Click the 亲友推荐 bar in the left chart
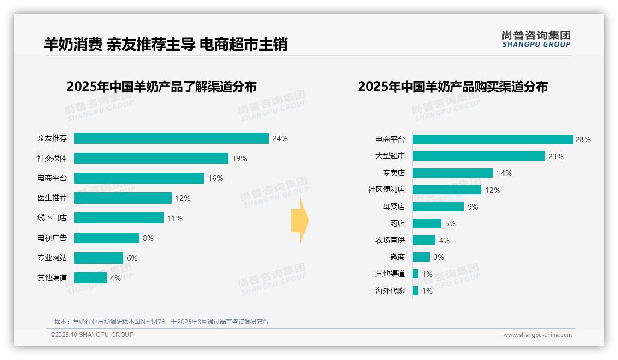pyautogui.click(x=171, y=138)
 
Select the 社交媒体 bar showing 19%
pyautogui.click(x=151, y=158)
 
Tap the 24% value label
pyautogui.click(x=280, y=138)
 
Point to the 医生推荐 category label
pyautogui.click(x=52, y=198)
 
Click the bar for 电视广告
pyautogui.click(x=107, y=238)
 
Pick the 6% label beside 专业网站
pyautogui.click(x=132, y=258)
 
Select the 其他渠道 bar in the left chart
pyautogui.click(x=90, y=278)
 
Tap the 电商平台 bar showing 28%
pyautogui.click(x=493, y=139)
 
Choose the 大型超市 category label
pyautogui.click(x=390, y=156)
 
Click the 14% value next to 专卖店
pyautogui.click(x=504, y=173)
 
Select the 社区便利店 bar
pyautogui.click(x=447, y=190)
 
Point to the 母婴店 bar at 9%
pyautogui.click(x=438, y=207)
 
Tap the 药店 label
pyautogui.click(x=397, y=223)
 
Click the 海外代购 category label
pyautogui.click(x=390, y=291)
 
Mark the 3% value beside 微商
pyautogui.click(x=439, y=257)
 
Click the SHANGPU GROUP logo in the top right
pyautogui.click(x=536, y=39)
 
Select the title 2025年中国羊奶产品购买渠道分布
pyautogui.click(x=452, y=87)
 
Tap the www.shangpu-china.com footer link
pyautogui.click(x=537, y=335)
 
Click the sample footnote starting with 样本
pyautogui.click(x=161, y=322)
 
